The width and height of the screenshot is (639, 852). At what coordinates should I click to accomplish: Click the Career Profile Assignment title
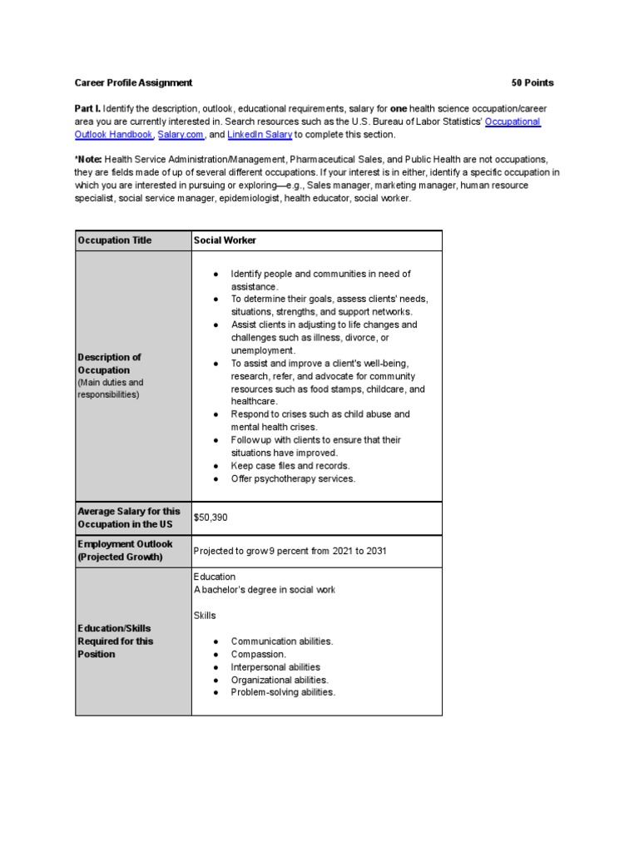coord(133,82)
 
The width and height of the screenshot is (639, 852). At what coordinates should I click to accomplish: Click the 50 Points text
coord(532,82)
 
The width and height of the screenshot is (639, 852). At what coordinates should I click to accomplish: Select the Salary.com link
coord(178,134)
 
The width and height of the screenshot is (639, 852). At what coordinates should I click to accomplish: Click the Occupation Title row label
coord(115,240)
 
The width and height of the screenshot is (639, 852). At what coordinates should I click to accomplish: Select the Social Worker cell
coord(225,240)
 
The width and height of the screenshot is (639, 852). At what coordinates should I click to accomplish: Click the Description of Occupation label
coord(109,364)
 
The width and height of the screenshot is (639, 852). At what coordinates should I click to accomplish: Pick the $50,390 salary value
coord(210,518)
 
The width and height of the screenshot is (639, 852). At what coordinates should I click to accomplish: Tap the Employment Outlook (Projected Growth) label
coord(125,550)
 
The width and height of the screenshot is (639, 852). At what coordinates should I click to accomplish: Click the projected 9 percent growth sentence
coord(290,551)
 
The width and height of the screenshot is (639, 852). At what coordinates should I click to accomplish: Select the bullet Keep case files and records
coord(290,466)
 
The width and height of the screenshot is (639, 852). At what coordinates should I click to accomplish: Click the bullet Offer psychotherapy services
coord(292,478)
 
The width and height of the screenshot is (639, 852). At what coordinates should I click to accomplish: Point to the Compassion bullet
coord(258,654)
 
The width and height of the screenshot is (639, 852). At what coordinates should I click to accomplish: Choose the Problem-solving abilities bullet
coord(283,692)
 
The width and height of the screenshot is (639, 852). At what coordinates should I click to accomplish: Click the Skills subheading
coord(205,616)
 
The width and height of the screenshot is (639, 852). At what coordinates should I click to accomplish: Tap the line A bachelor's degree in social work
coord(265,590)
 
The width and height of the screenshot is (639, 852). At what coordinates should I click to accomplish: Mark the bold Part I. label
coord(87,109)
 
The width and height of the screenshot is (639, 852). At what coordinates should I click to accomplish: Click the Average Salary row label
coord(129,518)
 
